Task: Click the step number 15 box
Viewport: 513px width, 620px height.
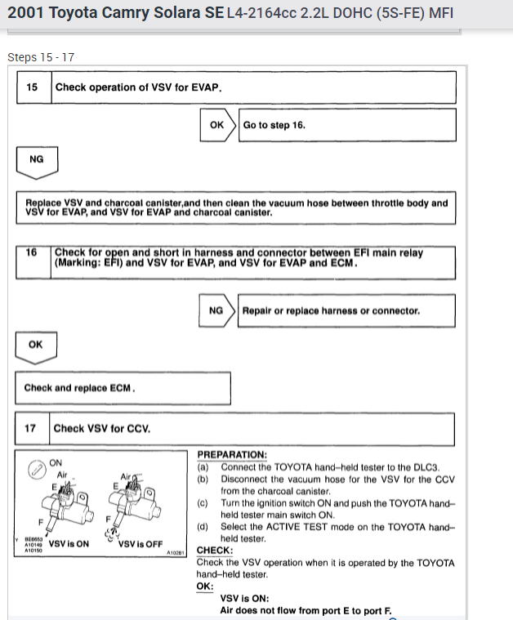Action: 33,87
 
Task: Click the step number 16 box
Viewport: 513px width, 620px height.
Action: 33,253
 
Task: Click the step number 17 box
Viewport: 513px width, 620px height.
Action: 32,428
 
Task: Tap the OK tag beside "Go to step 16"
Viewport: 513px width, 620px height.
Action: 217,125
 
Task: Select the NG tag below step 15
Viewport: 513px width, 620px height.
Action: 36,159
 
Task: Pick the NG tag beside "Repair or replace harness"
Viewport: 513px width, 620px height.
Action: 216,310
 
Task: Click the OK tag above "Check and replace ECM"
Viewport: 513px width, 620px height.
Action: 36,345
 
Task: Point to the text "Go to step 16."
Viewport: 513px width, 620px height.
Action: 274,125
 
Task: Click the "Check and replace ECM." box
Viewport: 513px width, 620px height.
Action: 123,388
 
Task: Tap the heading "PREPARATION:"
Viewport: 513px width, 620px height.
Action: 232,454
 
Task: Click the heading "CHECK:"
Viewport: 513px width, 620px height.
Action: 215,551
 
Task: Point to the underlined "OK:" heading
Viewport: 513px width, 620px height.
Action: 205,586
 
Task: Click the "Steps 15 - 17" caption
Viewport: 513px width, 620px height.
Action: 41,57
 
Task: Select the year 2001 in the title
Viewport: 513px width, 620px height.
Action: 26,14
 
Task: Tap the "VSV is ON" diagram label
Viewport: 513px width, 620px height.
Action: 69,543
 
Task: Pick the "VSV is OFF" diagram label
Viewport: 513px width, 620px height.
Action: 140,543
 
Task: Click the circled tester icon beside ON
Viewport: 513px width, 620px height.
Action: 35,469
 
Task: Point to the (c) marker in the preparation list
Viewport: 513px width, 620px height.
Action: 203,503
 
